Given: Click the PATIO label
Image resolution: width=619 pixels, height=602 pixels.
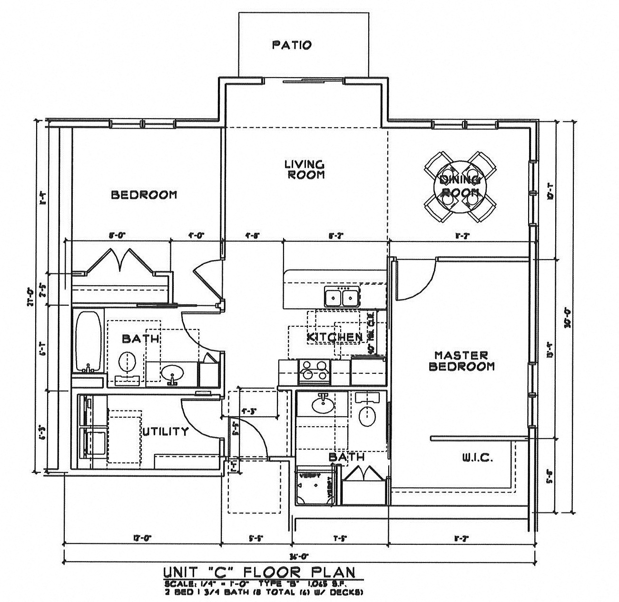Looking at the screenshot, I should coord(292,45).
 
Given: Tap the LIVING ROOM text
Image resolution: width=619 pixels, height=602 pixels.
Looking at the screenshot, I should coord(305,170).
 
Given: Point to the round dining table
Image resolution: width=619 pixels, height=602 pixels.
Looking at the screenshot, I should coord(459,186).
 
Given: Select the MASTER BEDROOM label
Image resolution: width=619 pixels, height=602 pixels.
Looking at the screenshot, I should coord(462,361).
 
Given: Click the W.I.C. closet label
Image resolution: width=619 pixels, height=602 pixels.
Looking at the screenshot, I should coord(477,458).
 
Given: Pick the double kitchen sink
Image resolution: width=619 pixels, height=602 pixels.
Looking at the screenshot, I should coord(341,297).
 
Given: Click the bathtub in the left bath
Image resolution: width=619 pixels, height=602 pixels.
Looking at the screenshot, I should coord(88,341).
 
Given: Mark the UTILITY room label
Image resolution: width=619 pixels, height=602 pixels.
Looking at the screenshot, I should coord(166,432).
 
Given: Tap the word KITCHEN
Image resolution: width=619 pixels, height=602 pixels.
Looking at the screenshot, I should coord(334,337).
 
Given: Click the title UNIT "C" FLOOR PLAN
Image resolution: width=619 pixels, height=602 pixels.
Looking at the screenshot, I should coord(259,572).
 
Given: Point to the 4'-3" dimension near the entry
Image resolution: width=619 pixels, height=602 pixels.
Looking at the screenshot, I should coord(248,410).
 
